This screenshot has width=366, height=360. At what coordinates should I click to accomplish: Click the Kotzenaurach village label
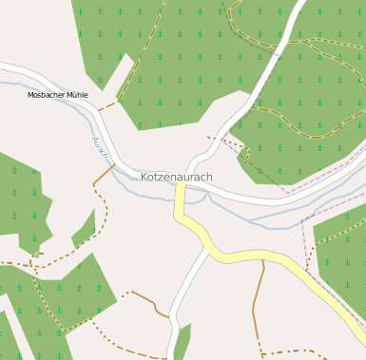[x=176, y=177]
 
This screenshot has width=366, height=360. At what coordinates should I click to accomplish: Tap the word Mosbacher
[x=47, y=95]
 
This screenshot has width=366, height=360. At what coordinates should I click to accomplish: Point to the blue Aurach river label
[x=100, y=147]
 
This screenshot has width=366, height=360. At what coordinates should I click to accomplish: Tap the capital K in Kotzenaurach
[x=145, y=177]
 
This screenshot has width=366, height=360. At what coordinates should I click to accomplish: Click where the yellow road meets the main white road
[x=179, y=185]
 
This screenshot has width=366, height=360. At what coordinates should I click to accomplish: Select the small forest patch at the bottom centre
[x=182, y=342]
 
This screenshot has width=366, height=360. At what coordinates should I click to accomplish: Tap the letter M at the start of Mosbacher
[x=30, y=95]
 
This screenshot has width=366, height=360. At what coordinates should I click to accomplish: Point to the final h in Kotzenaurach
[x=209, y=177]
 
